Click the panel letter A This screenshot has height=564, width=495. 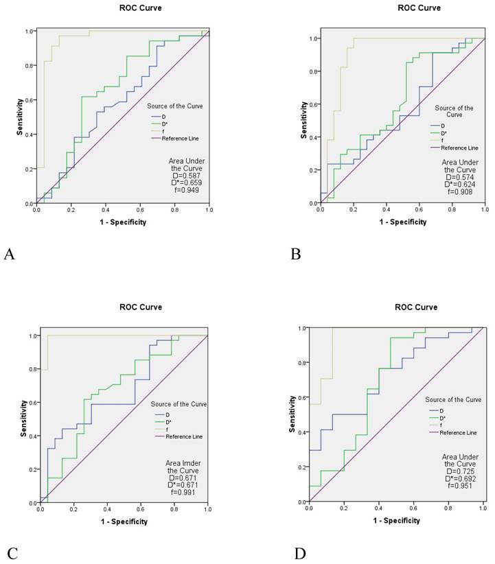[x=10, y=255]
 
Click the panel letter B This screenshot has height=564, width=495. [x=297, y=255]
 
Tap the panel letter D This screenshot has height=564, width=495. [x=298, y=552]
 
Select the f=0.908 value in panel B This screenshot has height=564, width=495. [x=460, y=193]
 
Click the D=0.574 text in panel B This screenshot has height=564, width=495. [x=460, y=176]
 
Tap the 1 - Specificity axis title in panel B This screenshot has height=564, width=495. [x=402, y=222]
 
